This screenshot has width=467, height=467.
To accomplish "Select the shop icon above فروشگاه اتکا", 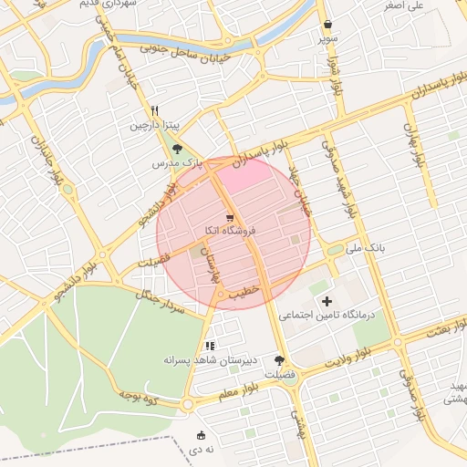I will tap(230, 217).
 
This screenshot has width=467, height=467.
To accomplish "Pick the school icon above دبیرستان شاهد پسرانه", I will tap(210, 346).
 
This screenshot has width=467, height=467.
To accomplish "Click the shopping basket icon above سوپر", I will tap(327, 25).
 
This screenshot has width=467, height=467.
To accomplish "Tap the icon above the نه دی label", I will tap(202, 435).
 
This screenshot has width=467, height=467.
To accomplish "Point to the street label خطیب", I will tap(245, 293).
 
